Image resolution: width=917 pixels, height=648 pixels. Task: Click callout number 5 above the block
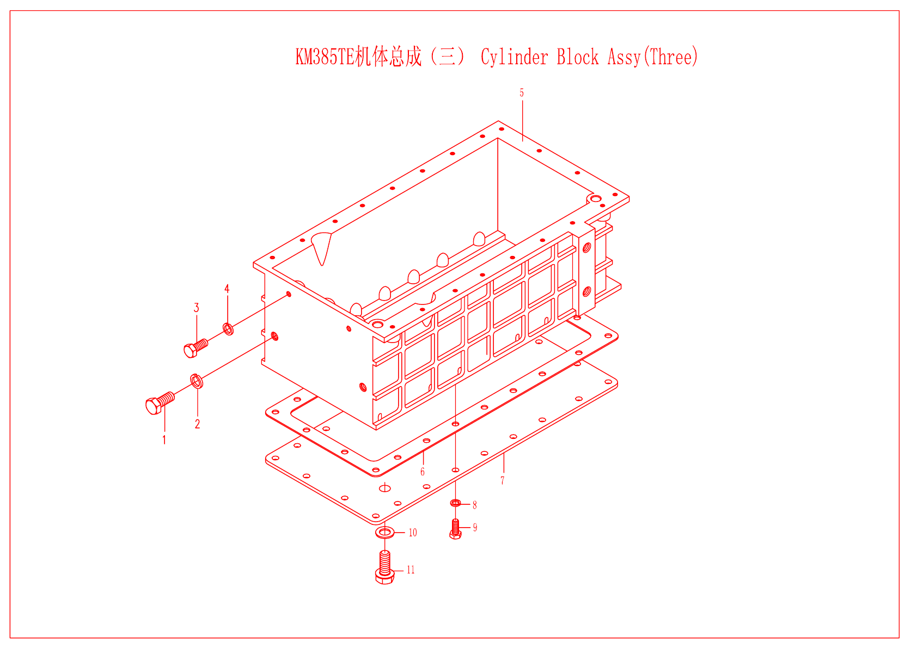(522, 93)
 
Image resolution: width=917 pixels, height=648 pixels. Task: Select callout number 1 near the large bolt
(164, 439)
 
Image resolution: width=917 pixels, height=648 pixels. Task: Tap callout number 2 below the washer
(197, 424)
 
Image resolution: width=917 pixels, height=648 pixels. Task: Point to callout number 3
(197, 308)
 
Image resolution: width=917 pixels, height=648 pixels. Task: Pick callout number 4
(227, 289)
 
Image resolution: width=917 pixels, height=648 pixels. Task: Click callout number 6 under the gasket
(423, 472)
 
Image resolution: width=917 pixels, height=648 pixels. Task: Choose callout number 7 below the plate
(503, 480)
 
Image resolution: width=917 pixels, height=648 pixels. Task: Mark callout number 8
(475, 505)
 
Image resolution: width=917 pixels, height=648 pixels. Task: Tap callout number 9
(475, 527)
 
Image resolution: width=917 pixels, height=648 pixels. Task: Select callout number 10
(413, 533)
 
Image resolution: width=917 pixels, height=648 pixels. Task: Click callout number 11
(411, 570)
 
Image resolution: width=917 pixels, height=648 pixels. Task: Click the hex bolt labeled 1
(160, 403)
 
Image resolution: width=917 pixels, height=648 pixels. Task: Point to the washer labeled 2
(197, 381)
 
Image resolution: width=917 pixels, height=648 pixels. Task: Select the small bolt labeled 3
(195, 347)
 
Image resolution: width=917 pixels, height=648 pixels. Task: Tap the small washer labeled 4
(228, 329)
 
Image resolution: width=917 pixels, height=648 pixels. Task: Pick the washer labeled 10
(384, 532)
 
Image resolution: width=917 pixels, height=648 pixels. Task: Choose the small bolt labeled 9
(456, 529)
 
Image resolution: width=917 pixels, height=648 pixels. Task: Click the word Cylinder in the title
(515, 57)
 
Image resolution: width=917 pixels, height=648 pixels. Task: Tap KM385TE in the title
(325, 57)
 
